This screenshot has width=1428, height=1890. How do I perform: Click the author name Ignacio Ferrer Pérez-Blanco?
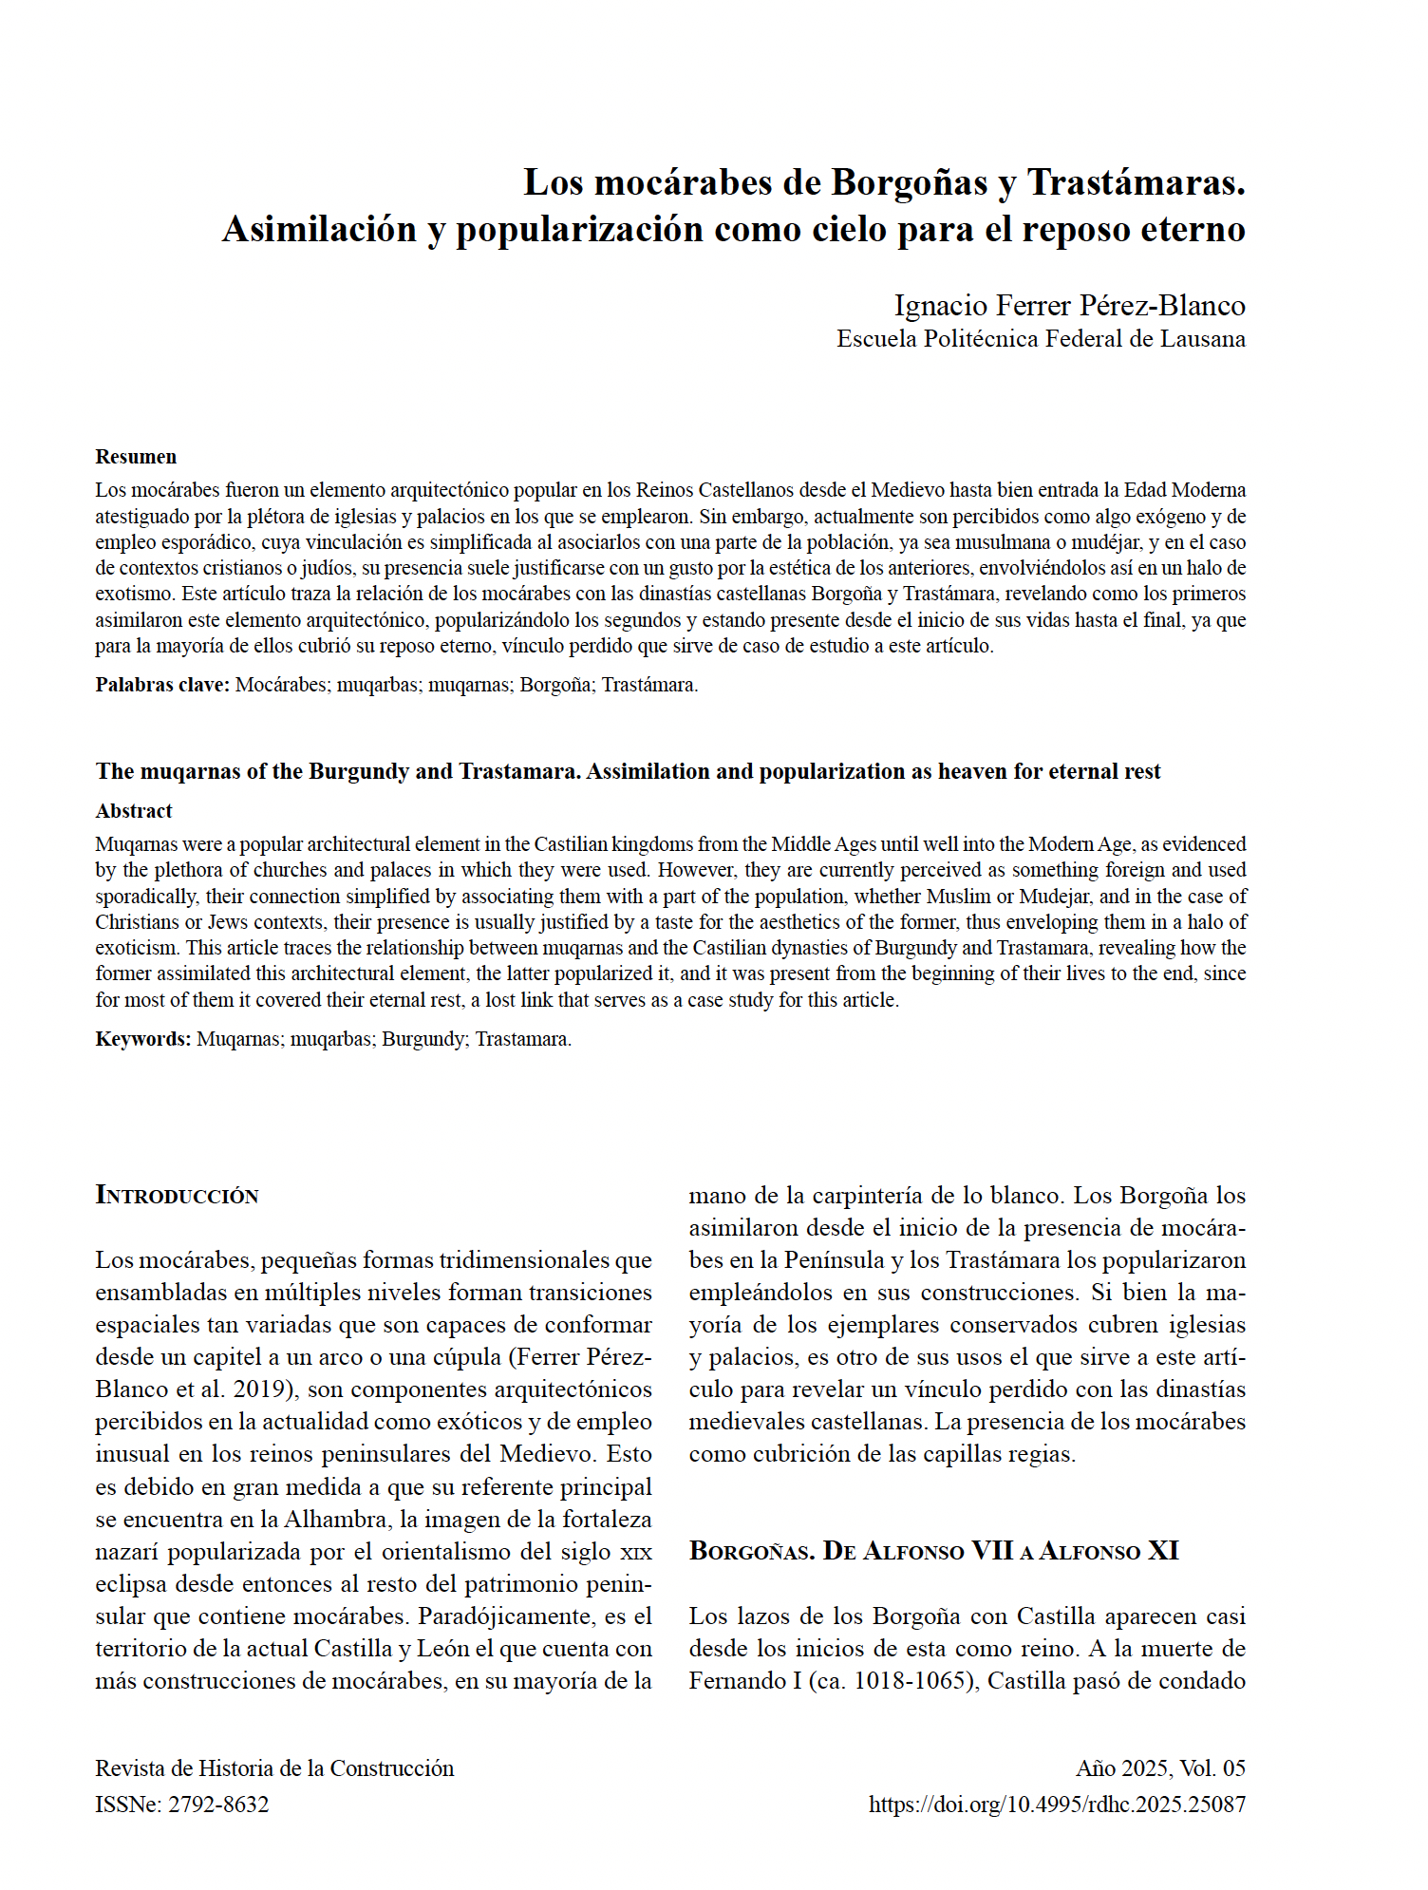click(1069, 306)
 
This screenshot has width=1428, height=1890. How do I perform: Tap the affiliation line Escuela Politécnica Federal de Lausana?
click(1041, 339)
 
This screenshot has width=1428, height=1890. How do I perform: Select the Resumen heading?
click(136, 457)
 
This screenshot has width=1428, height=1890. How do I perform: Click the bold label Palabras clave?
click(162, 685)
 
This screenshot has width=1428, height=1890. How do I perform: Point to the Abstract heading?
click(134, 811)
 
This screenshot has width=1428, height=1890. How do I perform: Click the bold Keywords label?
click(143, 1039)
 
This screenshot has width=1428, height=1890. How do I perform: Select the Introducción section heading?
click(178, 1196)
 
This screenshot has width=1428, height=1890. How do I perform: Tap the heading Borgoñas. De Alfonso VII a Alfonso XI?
click(933, 1551)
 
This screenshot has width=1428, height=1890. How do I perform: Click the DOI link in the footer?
click(1057, 1805)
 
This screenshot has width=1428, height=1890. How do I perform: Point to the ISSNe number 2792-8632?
click(218, 1805)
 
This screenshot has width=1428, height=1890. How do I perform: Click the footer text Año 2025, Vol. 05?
click(1160, 1768)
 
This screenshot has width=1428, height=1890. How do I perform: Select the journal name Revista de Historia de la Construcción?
click(274, 1768)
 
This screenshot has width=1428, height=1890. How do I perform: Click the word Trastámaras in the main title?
click(1136, 182)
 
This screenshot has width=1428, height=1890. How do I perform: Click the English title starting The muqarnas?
click(628, 771)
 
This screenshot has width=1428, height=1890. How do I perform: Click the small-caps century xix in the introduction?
click(635, 1553)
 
